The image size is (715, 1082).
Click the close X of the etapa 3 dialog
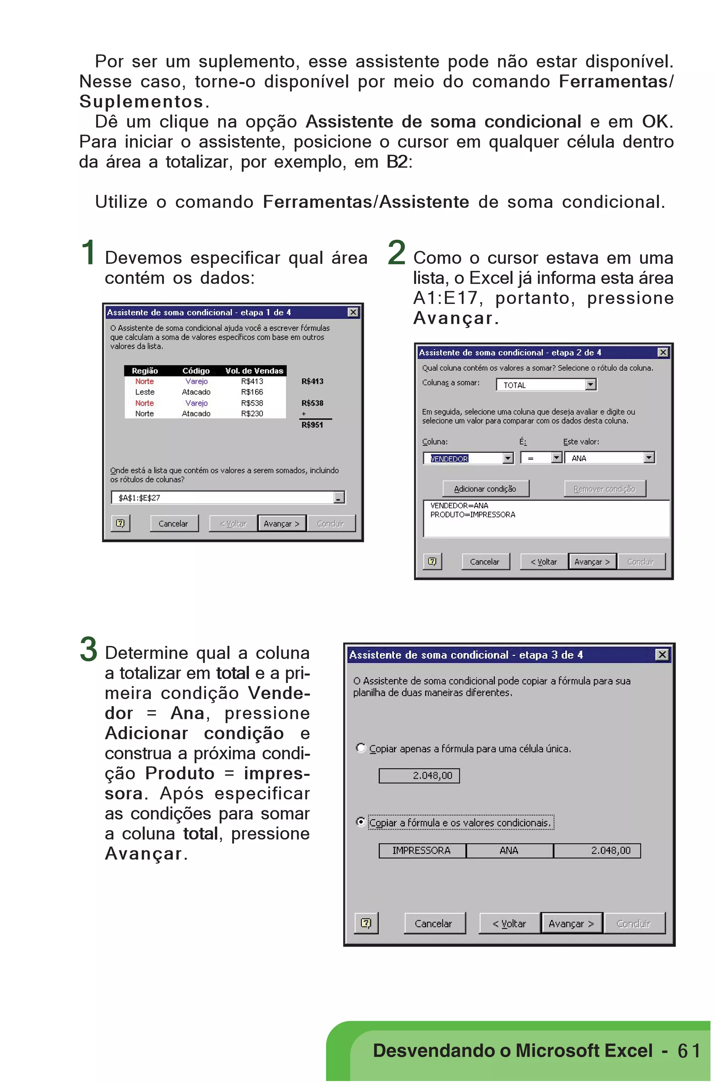[x=662, y=655]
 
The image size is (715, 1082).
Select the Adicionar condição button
[x=485, y=489]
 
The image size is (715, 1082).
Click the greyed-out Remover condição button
[x=604, y=489]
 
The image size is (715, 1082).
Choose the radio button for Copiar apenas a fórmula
[x=361, y=748]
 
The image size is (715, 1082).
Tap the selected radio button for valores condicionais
[x=361, y=822]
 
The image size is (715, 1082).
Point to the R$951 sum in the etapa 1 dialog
[x=312, y=425]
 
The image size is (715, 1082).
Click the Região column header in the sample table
[x=145, y=371]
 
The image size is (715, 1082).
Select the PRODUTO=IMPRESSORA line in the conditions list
[x=473, y=515]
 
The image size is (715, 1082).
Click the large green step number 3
[x=88, y=649]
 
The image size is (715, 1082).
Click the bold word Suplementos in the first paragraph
[x=141, y=101]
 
